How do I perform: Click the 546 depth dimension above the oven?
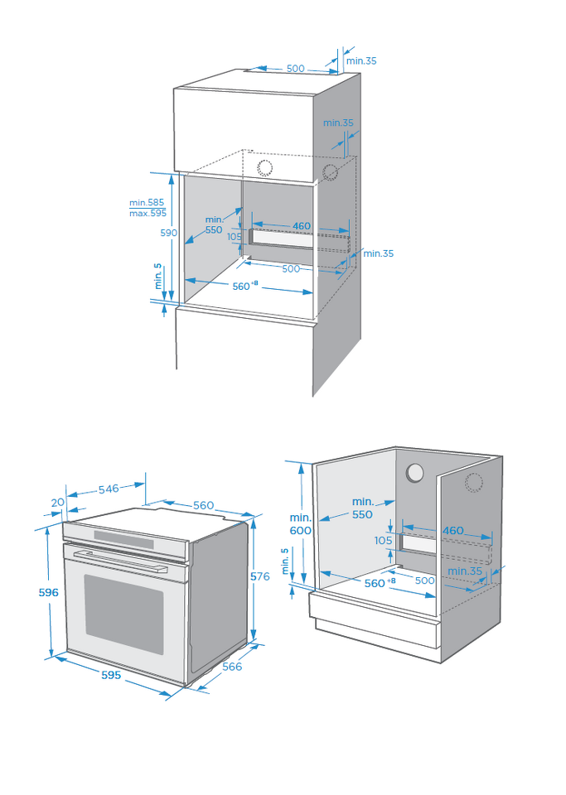pos(109,489)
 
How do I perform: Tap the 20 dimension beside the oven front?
pos(57,502)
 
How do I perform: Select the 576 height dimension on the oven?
pos(259,576)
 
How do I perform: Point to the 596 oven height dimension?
pos(49,592)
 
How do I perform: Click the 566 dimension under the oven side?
pos(232,666)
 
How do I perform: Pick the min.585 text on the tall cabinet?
pos(147,202)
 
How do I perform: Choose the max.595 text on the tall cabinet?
pos(148,213)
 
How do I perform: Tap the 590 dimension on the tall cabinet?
pos(168,233)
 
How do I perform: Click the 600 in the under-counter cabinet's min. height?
pos(301,530)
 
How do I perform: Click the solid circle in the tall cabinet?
pos(264,168)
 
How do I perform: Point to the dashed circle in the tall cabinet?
pos(331,172)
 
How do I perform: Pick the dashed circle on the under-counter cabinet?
pos(474,483)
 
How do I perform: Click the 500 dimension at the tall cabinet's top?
pos(296,69)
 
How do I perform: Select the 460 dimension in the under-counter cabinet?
pos(453,530)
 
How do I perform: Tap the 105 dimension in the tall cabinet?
pos(235,236)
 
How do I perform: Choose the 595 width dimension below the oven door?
pos(111,675)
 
